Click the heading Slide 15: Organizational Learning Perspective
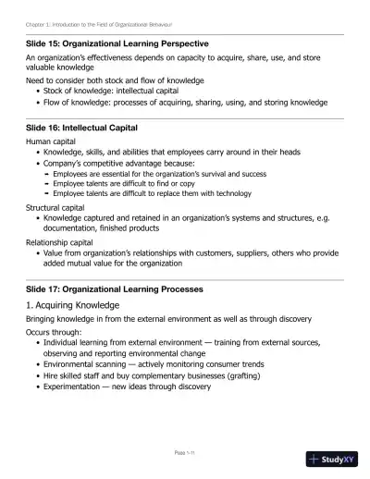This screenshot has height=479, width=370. click(x=117, y=43)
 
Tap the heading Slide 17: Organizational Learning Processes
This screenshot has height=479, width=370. click(x=115, y=289)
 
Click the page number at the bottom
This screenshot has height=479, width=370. click(x=184, y=451)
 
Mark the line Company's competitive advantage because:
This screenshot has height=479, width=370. click(x=119, y=163)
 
